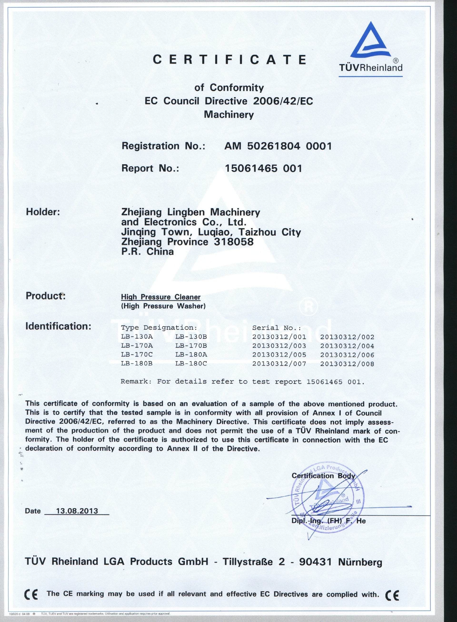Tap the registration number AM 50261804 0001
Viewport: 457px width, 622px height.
[278, 146]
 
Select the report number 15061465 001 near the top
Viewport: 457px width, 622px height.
[263, 168]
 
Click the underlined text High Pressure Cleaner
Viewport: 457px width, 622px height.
[161, 297]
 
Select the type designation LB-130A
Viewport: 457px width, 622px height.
[137, 337]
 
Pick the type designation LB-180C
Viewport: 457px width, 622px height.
[191, 363]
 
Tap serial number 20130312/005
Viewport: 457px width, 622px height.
[279, 355]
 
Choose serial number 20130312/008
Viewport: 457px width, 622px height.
[347, 364]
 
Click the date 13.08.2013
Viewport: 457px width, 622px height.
[77, 511]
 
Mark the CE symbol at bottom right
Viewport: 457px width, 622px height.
[392, 594]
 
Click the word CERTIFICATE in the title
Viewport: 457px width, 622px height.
[230, 59]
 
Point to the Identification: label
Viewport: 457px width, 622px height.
[58, 326]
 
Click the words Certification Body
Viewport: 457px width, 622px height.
[323, 475]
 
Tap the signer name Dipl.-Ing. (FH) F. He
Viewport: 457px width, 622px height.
[328, 521]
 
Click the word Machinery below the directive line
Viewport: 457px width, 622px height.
[229, 114]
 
